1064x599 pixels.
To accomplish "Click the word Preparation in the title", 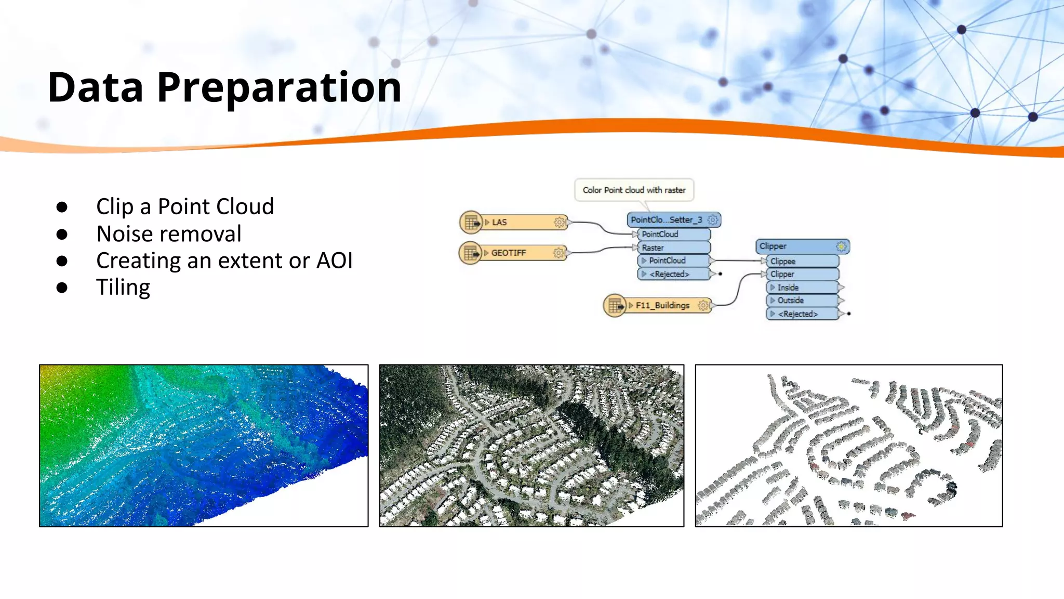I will [279, 87].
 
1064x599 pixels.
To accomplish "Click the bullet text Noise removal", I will [169, 234].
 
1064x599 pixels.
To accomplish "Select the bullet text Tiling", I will [123, 288].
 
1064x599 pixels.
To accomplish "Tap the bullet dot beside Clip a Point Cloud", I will [62, 207].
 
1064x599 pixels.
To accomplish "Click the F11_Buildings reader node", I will [657, 305].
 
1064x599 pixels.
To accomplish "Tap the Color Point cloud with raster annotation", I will [634, 190].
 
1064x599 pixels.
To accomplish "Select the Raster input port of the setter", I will [673, 248].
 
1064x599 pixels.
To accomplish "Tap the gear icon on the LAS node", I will [559, 223].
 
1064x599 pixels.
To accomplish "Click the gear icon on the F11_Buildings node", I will [703, 305].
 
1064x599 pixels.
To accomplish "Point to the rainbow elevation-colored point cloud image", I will [204, 446].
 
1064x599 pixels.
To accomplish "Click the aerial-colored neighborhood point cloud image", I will [531, 446].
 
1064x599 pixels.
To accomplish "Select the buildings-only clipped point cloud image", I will [848, 446].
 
